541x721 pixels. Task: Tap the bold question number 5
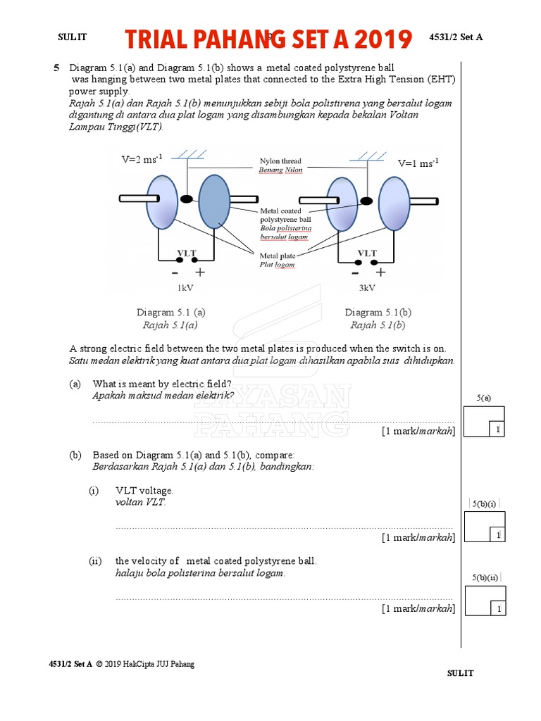[x=56, y=68]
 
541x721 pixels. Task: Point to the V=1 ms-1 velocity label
[x=418, y=163]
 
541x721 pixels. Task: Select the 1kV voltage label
[x=185, y=288]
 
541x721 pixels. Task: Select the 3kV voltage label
[x=367, y=288]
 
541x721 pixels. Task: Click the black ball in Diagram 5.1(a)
[x=186, y=199]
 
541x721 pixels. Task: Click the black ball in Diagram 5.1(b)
[x=366, y=201]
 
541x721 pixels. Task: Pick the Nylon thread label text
[x=280, y=161]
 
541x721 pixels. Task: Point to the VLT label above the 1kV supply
[x=187, y=253]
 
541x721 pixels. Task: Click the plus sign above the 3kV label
[x=381, y=272]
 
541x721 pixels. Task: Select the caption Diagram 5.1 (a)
[x=171, y=312]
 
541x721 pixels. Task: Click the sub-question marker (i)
[x=94, y=491]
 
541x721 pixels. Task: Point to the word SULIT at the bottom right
[x=461, y=673]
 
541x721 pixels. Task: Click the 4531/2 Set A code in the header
[x=456, y=37]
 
